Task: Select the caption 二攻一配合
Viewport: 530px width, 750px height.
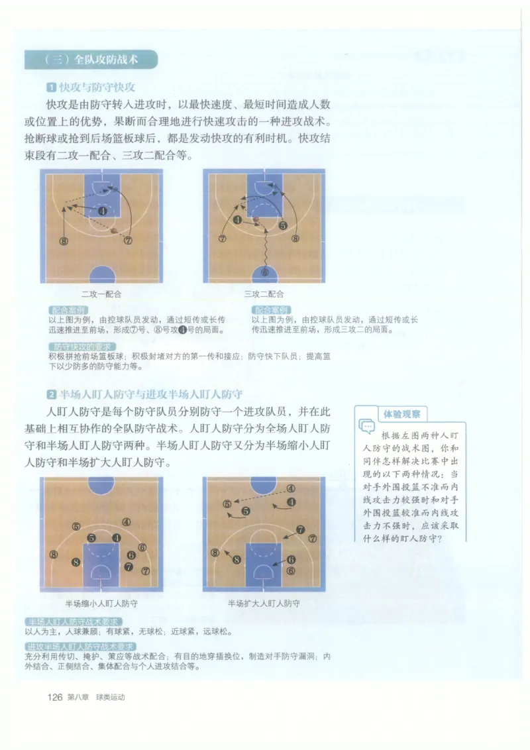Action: (x=101, y=294)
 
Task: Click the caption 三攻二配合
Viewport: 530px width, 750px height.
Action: (x=264, y=294)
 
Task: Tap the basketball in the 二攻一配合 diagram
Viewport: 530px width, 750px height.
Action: (x=115, y=231)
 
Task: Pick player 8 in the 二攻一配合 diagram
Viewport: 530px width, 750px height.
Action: (x=64, y=241)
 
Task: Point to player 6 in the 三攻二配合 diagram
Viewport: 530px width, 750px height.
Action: (x=265, y=272)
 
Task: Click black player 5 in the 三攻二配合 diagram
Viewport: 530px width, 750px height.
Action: (x=282, y=225)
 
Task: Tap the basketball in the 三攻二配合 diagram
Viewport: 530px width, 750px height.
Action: (x=255, y=219)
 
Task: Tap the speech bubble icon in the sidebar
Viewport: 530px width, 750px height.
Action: (x=366, y=426)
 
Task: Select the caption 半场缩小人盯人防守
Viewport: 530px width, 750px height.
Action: (x=101, y=604)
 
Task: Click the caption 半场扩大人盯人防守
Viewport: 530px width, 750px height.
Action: (x=264, y=604)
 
